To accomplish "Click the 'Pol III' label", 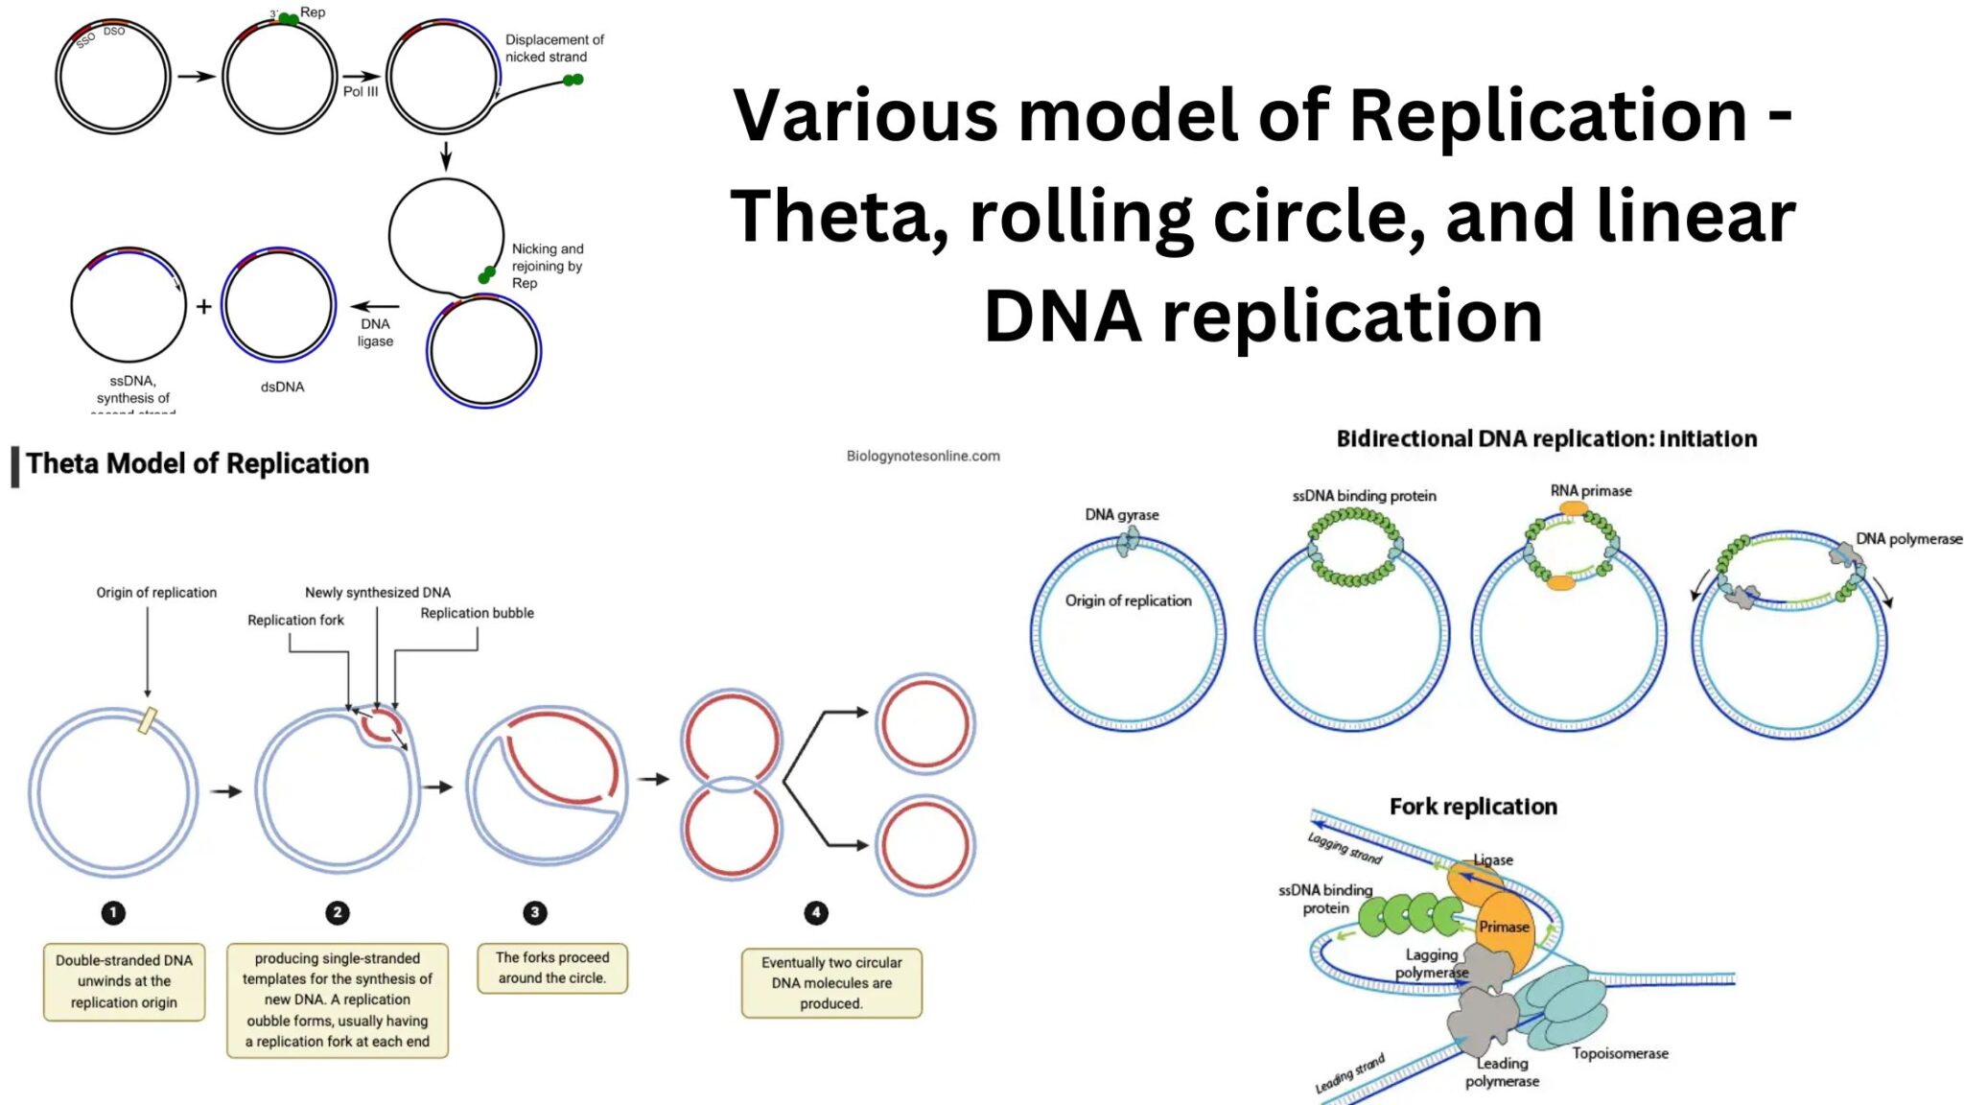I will (361, 92).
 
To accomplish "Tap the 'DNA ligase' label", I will (375, 333).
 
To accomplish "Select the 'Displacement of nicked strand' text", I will (553, 48).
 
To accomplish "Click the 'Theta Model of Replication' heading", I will (198, 464).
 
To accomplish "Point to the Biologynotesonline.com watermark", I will (923, 457).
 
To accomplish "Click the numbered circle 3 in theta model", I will (535, 912).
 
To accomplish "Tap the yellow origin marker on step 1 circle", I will (148, 719).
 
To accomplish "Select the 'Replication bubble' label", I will (477, 613).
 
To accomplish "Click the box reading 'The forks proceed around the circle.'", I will (552, 968).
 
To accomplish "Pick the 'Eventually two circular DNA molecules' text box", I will (831, 983).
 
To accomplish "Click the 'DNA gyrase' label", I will (1122, 515).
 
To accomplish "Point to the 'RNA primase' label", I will (1591, 491).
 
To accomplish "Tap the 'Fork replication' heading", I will (1473, 807).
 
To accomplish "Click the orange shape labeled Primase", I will (1504, 928).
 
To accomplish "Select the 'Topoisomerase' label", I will (1620, 1054).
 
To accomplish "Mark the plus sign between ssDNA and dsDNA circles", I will (203, 307).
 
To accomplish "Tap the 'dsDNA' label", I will (282, 388).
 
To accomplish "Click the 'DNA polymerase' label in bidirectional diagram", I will (1908, 539).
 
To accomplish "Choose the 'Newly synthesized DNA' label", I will (378, 593).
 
